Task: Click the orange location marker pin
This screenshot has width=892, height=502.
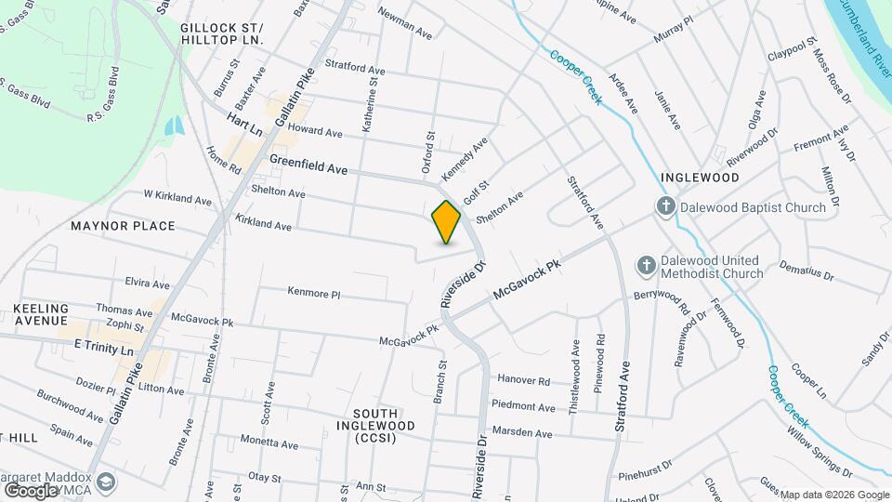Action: point(446,221)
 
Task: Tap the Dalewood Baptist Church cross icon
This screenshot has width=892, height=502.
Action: point(665,207)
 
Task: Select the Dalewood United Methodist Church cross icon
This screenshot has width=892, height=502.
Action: point(647,266)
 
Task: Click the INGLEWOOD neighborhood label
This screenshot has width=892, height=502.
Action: point(700,177)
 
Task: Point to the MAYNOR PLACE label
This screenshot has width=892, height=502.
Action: point(123,226)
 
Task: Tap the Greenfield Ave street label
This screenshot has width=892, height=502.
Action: point(308,165)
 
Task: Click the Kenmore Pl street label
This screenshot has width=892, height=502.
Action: point(314,294)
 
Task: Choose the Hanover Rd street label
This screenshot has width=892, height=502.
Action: point(523,380)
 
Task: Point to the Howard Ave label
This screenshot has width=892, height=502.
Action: point(315,132)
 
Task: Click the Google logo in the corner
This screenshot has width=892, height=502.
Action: point(31,490)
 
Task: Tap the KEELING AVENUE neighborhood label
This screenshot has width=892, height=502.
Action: point(42,314)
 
